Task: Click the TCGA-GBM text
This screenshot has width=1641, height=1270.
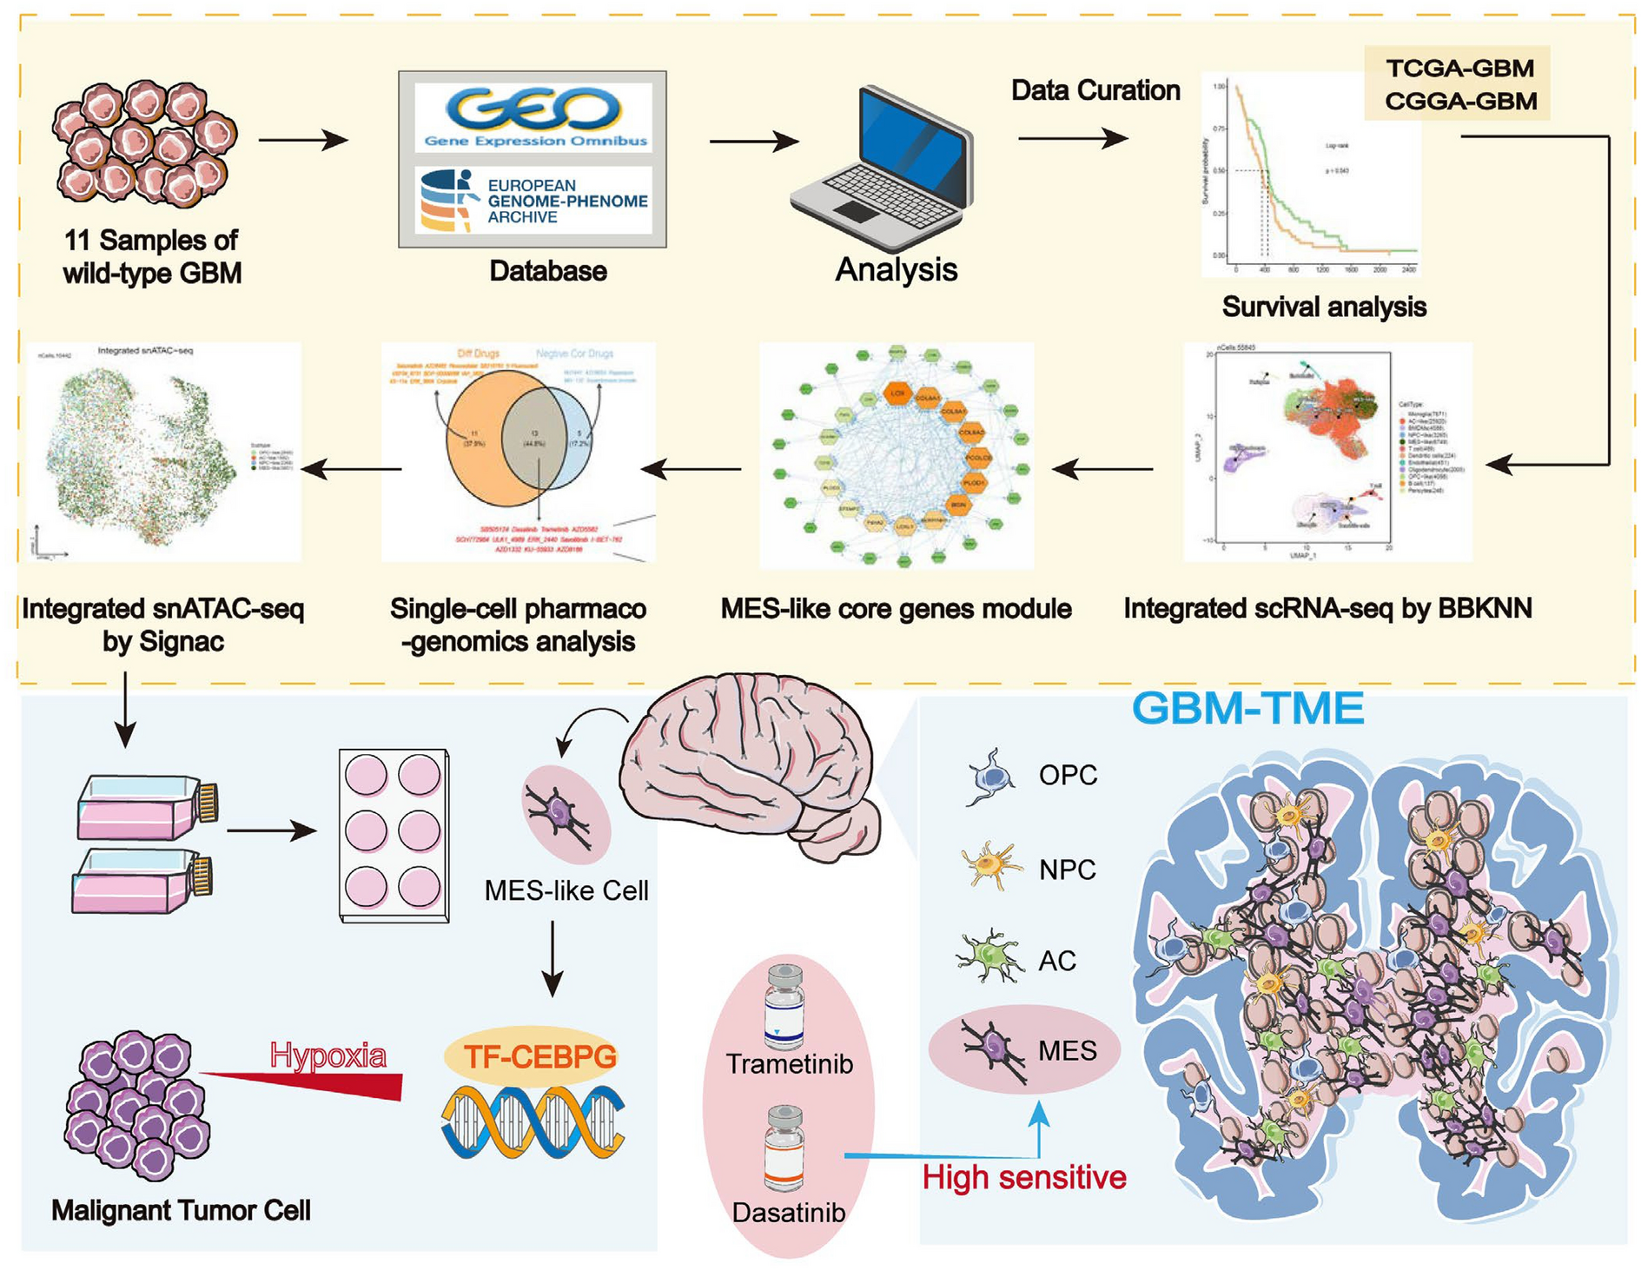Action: (1459, 69)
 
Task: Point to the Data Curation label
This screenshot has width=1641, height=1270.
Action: (1095, 91)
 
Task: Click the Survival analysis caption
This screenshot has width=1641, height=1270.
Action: (1323, 307)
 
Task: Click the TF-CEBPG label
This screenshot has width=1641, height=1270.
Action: (539, 1057)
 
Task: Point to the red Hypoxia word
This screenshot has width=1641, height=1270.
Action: (328, 1055)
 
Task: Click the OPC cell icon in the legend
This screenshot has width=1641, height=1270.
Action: (991, 776)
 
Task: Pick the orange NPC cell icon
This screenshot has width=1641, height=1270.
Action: (991, 867)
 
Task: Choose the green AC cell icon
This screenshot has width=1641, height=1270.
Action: (989, 956)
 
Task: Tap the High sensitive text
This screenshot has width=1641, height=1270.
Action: (1023, 1178)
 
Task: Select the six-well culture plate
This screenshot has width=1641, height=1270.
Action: (394, 835)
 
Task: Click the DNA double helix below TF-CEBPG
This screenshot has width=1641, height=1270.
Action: (533, 1122)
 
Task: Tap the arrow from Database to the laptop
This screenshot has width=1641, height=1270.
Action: (753, 142)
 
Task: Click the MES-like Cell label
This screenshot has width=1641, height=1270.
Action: (566, 891)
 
